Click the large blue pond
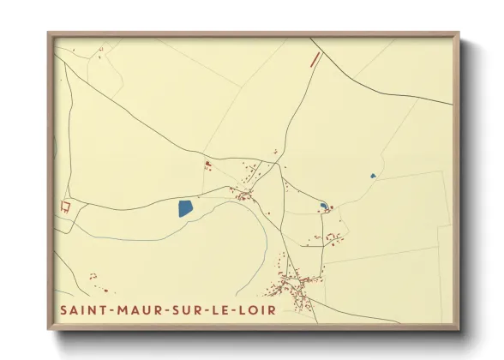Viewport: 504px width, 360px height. point(185,208)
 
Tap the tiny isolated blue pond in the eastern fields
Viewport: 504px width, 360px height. point(373,176)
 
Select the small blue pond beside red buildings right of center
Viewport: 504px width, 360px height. point(322,206)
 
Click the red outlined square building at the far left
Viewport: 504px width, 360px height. point(63,206)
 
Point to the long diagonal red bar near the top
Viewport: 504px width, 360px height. point(315,59)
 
